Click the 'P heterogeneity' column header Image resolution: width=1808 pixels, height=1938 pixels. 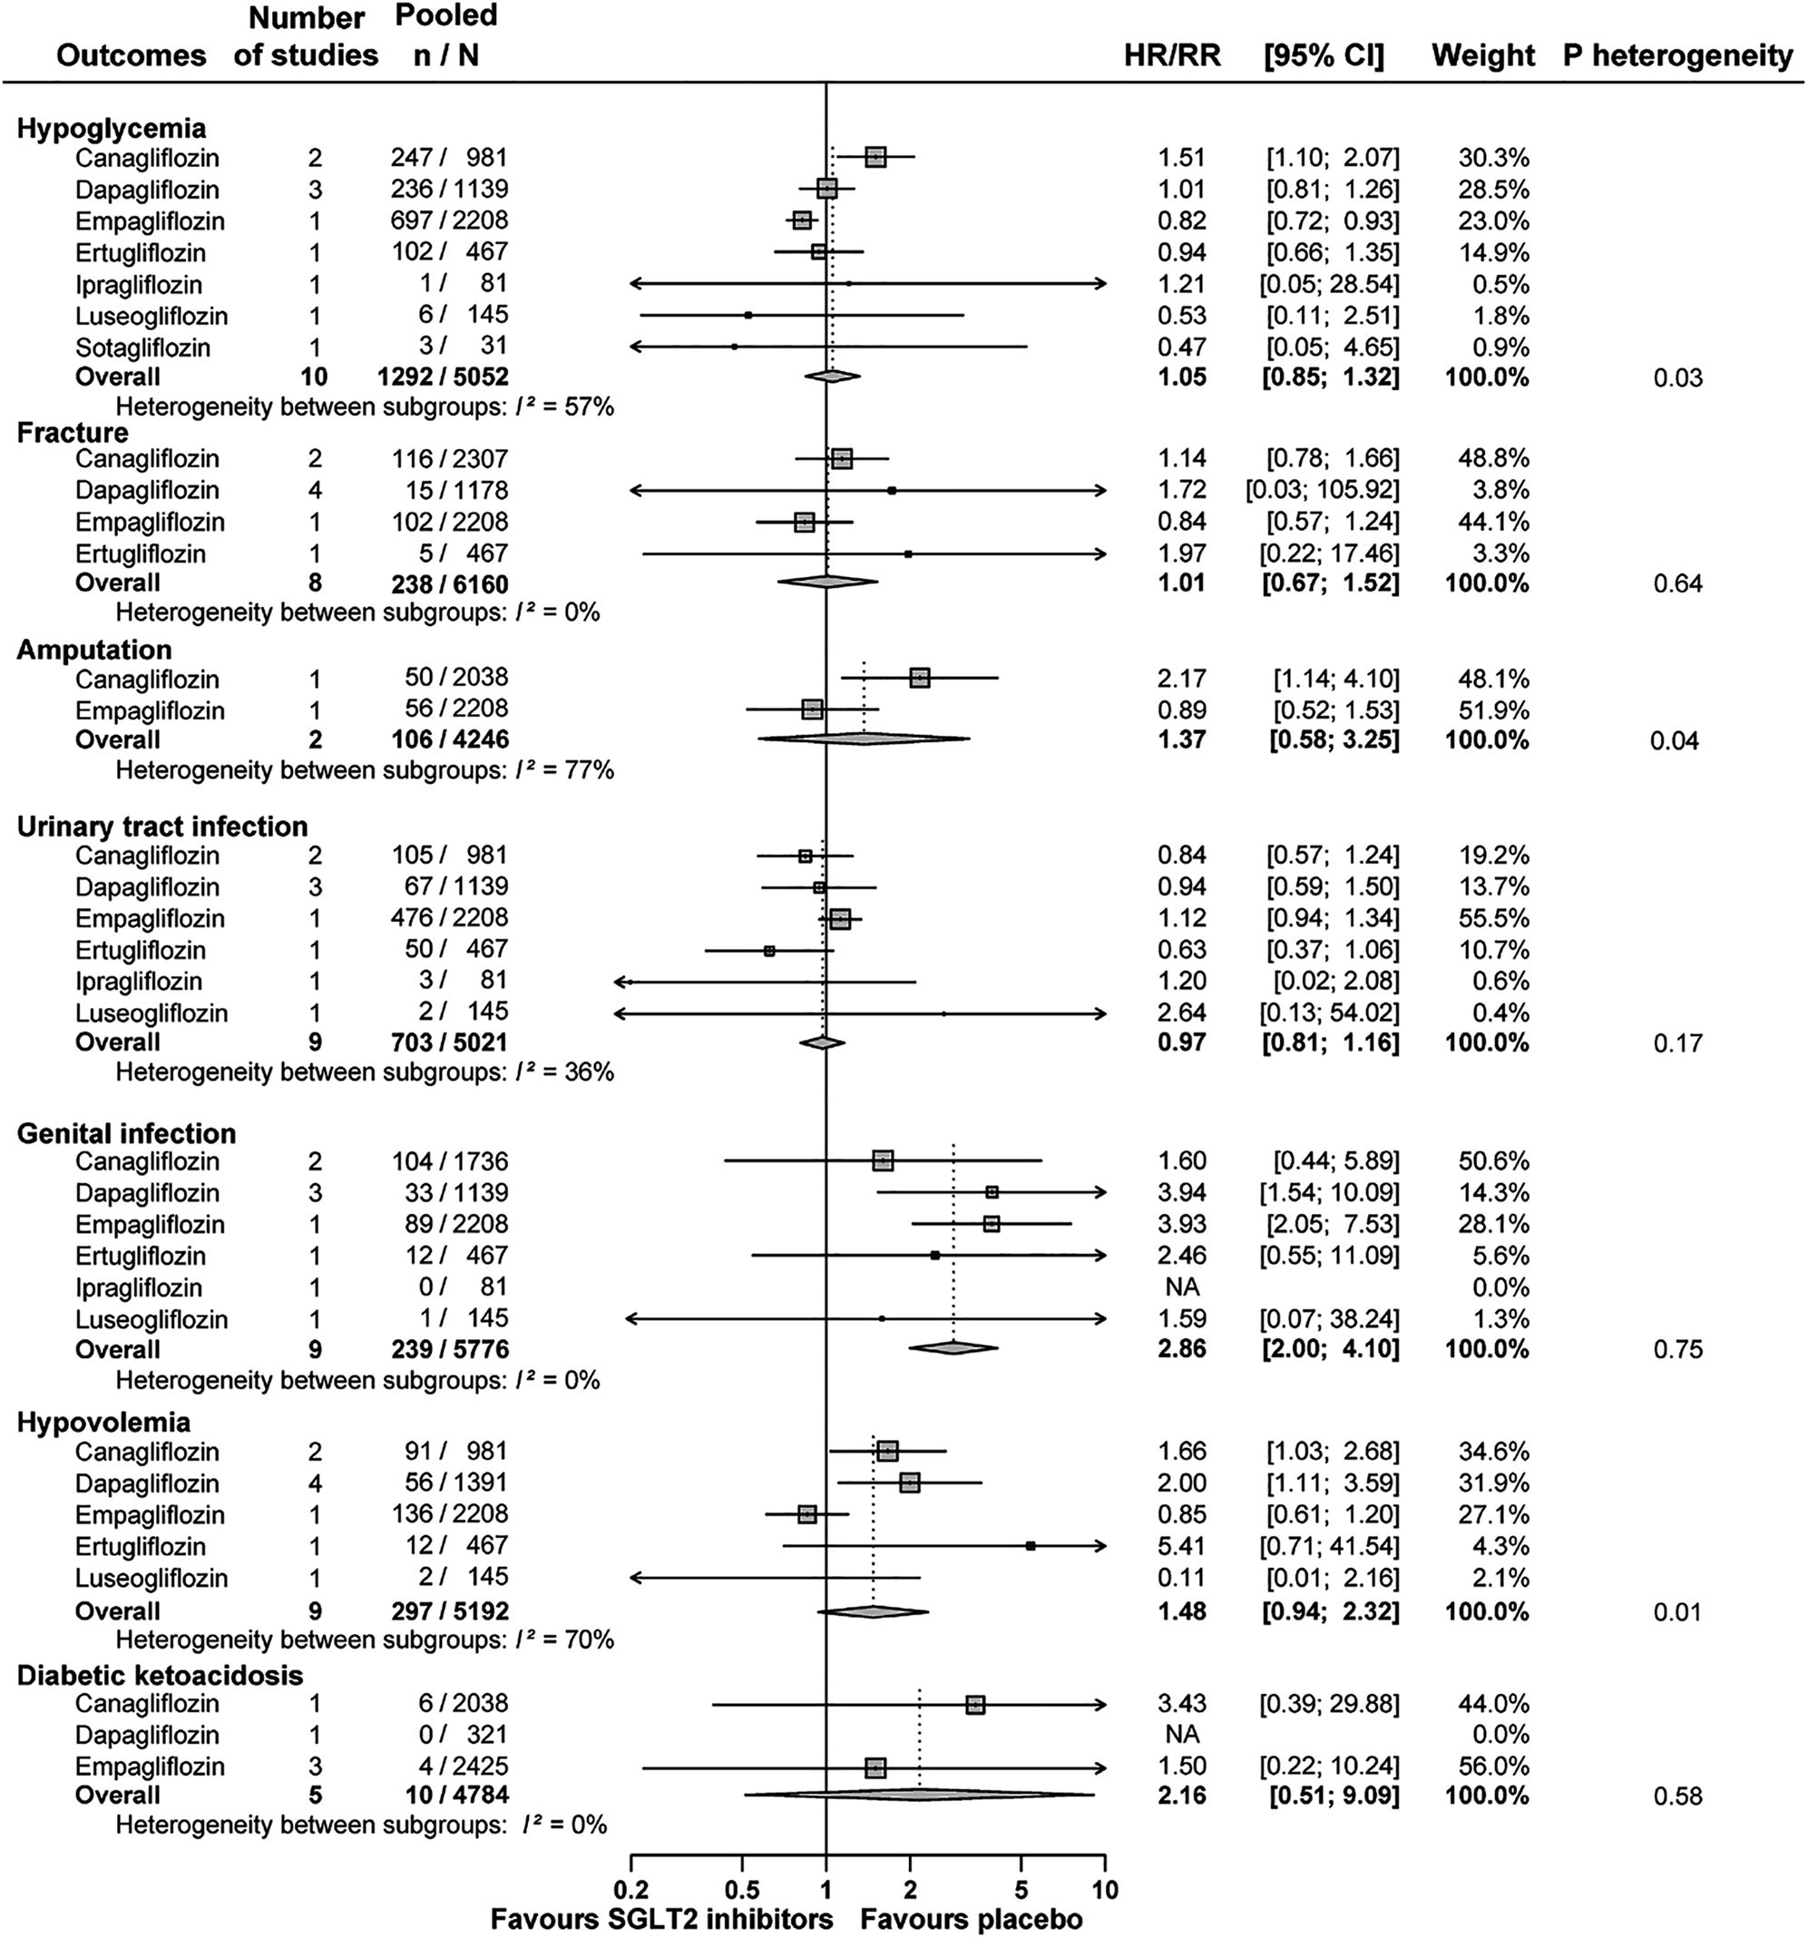coord(1676,55)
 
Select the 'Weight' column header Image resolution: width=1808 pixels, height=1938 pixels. coord(1482,55)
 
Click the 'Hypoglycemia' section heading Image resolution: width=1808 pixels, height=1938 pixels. coord(111,129)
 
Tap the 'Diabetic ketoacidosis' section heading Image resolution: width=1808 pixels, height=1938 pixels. coord(160,1675)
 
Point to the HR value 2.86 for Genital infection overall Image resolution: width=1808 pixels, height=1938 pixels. coord(1181,1349)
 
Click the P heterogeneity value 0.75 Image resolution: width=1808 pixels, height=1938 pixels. coord(1677,1349)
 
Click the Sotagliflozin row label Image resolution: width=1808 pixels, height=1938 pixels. coord(142,347)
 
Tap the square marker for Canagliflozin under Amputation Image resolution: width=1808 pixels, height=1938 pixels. coord(919,678)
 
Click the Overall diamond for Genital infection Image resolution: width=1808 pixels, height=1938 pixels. coord(953,1348)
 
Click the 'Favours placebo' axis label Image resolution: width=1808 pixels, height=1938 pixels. coord(971,1920)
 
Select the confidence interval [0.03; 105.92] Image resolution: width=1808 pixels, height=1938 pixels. coord(1322,489)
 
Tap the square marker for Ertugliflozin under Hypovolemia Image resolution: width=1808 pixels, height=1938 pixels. coord(1031,1546)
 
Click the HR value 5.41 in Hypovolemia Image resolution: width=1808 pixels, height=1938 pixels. coord(1181,1546)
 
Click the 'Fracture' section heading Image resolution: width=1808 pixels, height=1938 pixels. coord(73,432)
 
